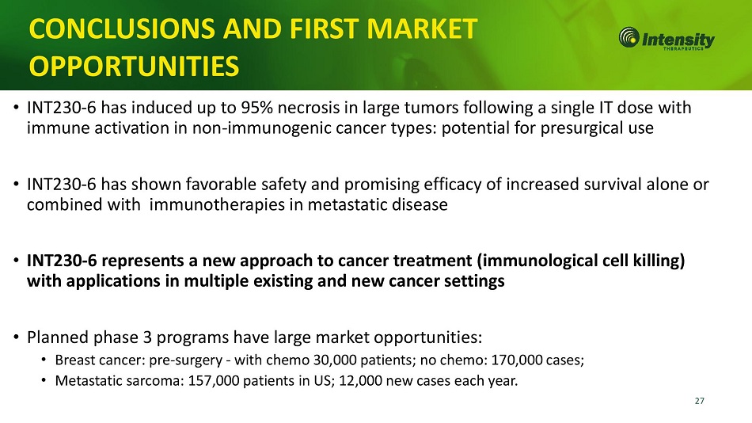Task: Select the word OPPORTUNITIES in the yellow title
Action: click(134, 67)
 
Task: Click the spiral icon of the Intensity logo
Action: click(629, 37)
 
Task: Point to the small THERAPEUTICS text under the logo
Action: click(683, 48)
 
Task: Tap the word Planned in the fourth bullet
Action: click(58, 337)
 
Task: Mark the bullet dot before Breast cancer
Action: click(44, 360)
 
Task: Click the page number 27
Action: click(699, 401)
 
